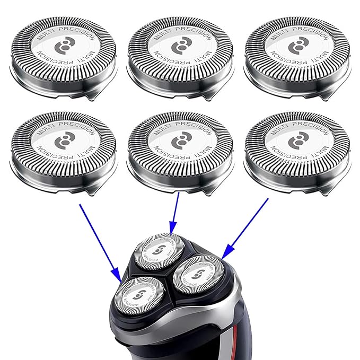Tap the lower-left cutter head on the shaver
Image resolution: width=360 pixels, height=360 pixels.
(x=138, y=296)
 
